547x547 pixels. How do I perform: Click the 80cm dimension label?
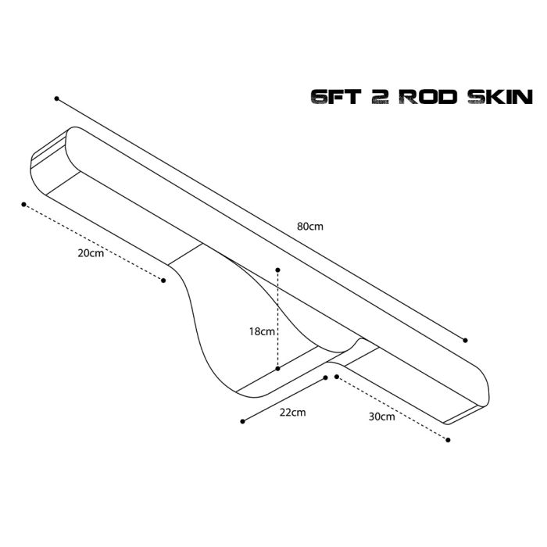click(x=309, y=226)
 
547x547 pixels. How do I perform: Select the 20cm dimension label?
click(x=90, y=254)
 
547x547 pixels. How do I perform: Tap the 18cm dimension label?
click(x=262, y=331)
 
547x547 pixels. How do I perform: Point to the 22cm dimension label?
click(x=293, y=411)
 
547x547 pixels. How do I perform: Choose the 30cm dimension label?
click(x=381, y=417)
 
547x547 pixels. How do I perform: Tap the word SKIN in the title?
click(x=499, y=97)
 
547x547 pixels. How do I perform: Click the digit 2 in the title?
click(x=381, y=97)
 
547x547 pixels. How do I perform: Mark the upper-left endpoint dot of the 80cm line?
click(x=56, y=98)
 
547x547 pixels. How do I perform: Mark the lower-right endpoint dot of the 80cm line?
click(x=466, y=340)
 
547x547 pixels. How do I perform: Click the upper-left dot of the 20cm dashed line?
click(x=24, y=205)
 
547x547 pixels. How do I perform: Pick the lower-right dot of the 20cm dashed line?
click(x=163, y=280)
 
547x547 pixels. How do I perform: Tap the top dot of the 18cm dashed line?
click(x=278, y=270)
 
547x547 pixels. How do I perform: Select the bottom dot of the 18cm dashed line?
click(x=278, y=368)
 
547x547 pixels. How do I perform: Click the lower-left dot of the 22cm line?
click(x=243, y=420)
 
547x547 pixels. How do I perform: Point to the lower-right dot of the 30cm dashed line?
click(x=449, y=440)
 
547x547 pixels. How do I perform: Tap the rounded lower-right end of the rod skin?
click(x=477, y=395)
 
